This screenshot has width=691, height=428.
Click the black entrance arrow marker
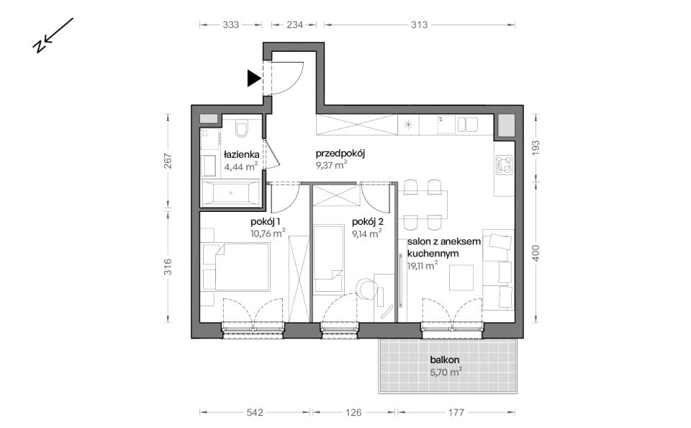253,78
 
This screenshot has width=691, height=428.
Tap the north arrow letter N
39,46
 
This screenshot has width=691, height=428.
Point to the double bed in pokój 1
242,267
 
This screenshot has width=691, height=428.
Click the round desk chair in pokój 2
366,289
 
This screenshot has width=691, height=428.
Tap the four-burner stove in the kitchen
504,165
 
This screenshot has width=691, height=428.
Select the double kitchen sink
468,125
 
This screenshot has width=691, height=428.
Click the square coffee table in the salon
461,277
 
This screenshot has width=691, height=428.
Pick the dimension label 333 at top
230,24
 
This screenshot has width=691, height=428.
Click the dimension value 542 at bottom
255,413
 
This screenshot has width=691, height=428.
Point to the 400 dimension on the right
536,254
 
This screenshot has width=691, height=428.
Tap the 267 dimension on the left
168,161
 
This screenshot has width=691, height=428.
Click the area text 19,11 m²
423,266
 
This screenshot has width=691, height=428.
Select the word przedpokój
340,154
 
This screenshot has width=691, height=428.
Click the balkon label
445,360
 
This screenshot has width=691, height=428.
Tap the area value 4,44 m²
240,166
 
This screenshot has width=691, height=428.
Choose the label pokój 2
368,222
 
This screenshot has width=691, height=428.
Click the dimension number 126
353,413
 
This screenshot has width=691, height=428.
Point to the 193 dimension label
536,148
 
